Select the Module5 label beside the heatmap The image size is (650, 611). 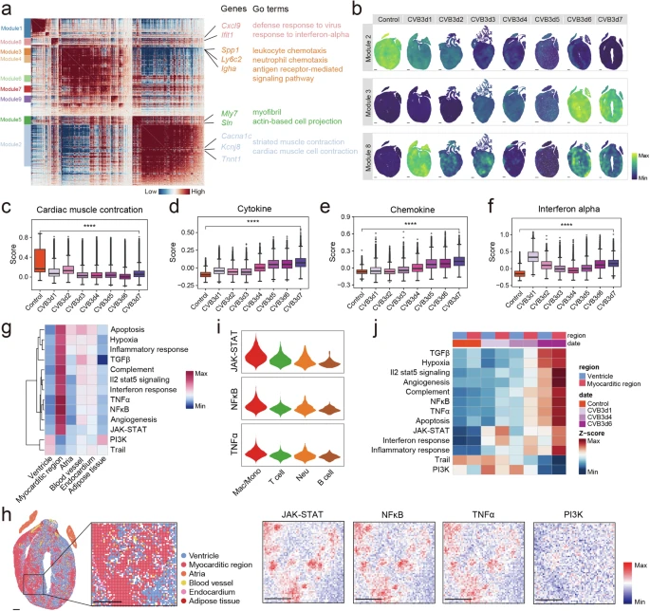pyautogui.click(x=12, y=120)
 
